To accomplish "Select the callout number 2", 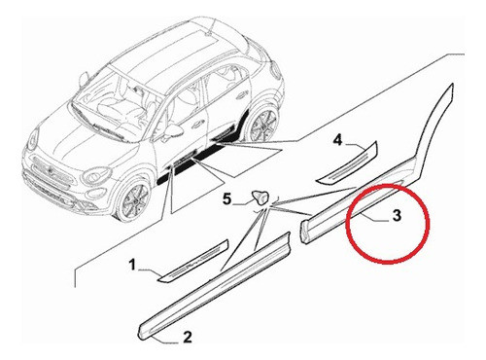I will click(x=187, y=338).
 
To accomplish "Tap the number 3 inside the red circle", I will click(x=397, y=219).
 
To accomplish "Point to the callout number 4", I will click(x=338, y=141).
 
